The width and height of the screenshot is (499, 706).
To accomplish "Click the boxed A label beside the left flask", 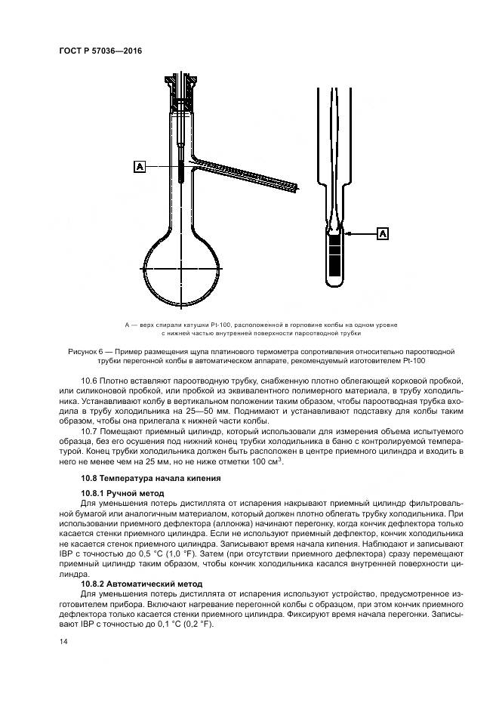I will point(139,166).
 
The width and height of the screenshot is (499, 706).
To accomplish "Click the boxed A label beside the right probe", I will point(383,234).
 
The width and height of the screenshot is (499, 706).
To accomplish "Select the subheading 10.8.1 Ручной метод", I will point(123,492).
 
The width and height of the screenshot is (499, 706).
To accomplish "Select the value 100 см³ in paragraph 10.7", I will point(266,461).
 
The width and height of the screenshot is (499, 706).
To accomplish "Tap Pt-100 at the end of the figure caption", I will point(414,362).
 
